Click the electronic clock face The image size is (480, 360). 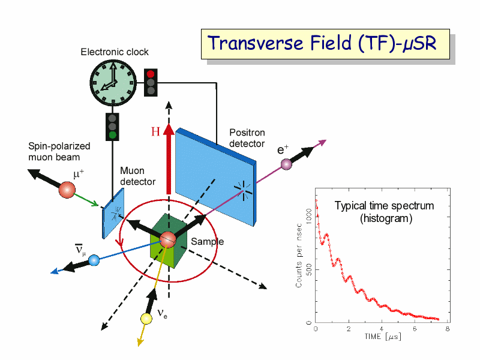click(x=113, y=83)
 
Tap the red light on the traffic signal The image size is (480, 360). click(x=151, y=74)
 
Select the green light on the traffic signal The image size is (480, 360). click(x=112, y=134)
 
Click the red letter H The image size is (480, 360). click(x=155, y=131)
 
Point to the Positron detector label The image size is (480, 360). click(x=247, y=138)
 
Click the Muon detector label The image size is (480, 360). click(x=138, y=176)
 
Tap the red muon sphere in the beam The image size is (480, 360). click(x=67, y=190)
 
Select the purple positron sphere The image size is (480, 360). click(x=286, y=164)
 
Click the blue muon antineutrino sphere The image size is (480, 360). click(x=94, y=260)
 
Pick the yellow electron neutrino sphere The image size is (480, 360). click(x=146, y=319)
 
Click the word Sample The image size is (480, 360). click(x=207, y=242)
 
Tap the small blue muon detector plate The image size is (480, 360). click(x=113, y=213)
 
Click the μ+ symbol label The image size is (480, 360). click(x=79, y=174)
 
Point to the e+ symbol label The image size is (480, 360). click(x=283, y=149)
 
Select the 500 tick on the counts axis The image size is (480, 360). click(x=309, y=269)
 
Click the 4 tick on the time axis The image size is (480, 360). click(x=382, y=329)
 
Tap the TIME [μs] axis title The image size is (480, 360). click(x=383, y=337)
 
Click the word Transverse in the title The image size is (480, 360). click(x=256, y=43)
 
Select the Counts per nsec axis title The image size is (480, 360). click(x=299, y=256)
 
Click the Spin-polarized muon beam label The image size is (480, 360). click(x=59, y=152)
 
